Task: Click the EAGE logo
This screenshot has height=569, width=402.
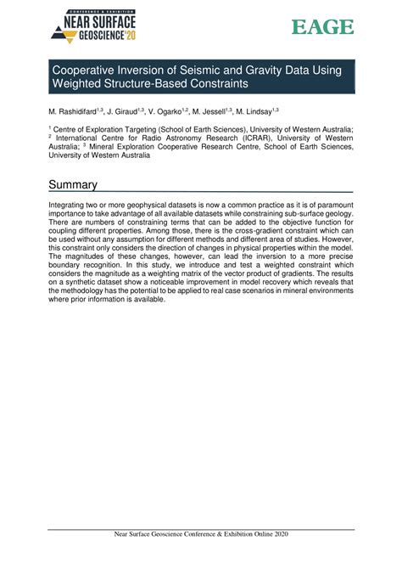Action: pyautogui.click(x=322, y=27)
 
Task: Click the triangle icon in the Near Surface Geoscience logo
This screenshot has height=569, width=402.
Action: pyautogui.click(x=59, y=33)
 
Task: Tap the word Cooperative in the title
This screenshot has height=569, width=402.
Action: pyautogui.click(x=91, y=70)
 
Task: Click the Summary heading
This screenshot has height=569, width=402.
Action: pyautogui.click(x=73, y=184)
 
